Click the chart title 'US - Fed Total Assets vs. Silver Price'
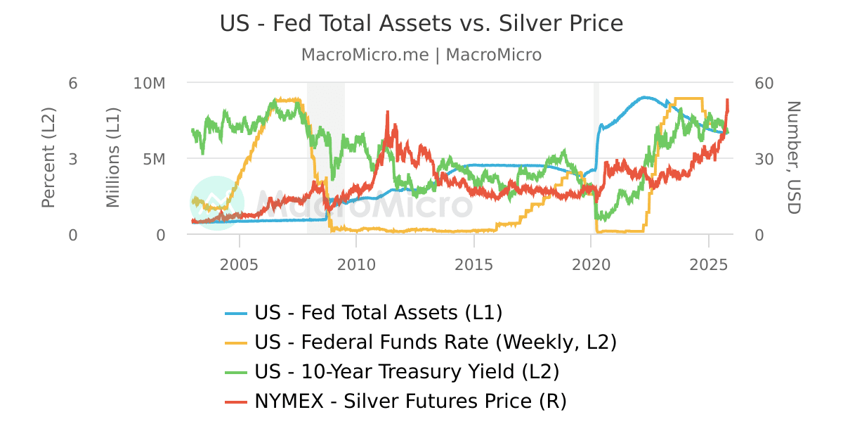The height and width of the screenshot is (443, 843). [x=421, y=24]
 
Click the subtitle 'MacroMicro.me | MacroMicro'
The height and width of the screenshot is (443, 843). [x=421, y=55]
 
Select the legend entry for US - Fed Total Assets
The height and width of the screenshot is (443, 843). [x=379, y=312]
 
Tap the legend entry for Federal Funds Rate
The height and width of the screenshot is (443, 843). [x=435, y=342]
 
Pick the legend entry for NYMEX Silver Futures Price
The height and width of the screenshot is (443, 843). [x=410, y=401]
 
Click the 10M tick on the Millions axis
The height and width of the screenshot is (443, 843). [x=149, y=83]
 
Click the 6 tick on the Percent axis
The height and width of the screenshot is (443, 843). [x=73, y=83]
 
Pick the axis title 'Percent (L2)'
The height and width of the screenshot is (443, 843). [x=48, y=159]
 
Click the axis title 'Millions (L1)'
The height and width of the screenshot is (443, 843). [x=113, y=159]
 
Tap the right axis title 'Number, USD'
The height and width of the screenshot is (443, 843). [x=793, y=158]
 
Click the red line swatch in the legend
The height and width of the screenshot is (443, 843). [x=236, y=402]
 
